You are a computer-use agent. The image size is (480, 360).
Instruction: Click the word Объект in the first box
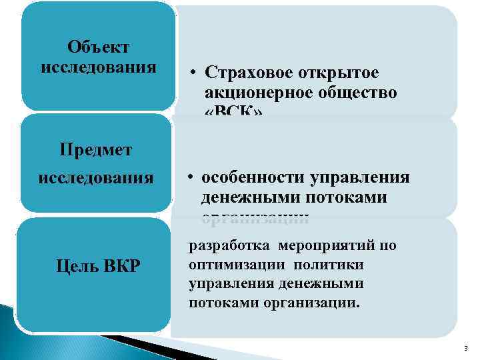[98, 48]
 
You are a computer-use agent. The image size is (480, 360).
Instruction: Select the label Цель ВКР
[99, 268]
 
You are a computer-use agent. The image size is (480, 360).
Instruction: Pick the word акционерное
[254, 93]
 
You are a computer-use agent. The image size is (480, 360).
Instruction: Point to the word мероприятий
[325, 246]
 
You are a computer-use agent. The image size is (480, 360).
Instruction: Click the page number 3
[465, 347]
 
